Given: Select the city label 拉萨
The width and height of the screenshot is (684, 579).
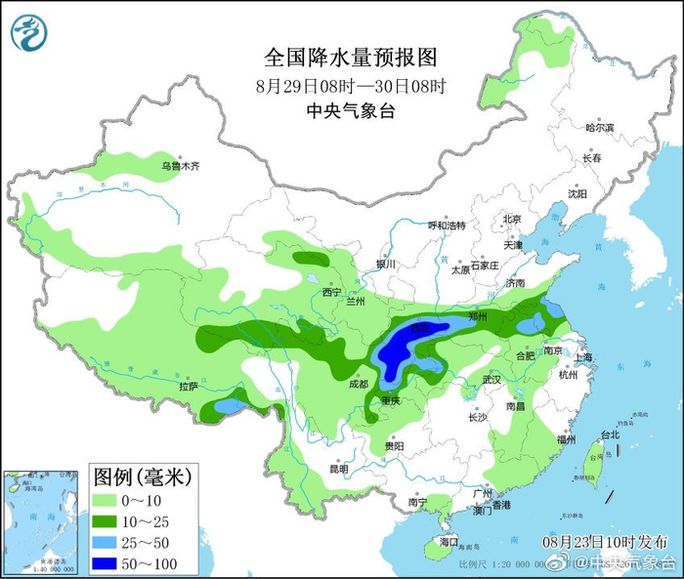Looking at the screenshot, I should coord(189,387).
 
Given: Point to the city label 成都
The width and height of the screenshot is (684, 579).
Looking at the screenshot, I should coord(357,385).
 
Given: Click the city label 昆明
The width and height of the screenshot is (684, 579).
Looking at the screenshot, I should coord(339,469).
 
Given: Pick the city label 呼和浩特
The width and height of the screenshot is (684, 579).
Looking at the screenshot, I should coord(448,226).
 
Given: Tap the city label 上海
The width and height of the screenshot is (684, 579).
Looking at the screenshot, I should coord(585,358).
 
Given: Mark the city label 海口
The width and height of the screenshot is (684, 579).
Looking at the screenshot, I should coord(449,541).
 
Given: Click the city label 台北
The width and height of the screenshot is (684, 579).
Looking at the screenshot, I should coord(610,434).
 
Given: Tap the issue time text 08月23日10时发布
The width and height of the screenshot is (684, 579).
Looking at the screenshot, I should coord(606,541).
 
